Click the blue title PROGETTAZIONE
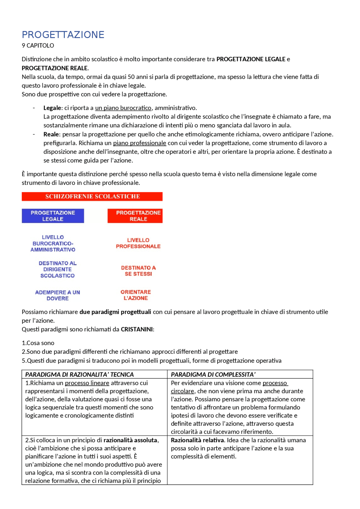tap(63, 35)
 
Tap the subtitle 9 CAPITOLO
tap(38, 46)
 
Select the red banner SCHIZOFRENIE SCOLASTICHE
tap(92, 196)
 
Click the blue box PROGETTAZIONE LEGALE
tap(53, 216)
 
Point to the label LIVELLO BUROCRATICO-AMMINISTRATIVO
tap(53, 243)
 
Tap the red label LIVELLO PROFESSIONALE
tap(138, 243)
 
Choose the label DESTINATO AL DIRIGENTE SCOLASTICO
tap(57, 269)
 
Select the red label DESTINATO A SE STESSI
tap(138, 271)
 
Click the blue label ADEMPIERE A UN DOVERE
tap(57, 295)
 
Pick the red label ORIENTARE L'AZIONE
tap(136, 295)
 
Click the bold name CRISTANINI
tap(137, 329)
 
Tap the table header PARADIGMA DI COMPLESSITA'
tap(213, 374)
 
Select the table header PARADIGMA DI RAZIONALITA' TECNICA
tap(79, 374)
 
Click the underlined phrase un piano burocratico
tap(123, 108)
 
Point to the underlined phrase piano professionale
tap(139, 143)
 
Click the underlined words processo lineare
tap(87, 383)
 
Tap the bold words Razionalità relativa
tap(197, 440)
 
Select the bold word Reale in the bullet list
tap(51, 134)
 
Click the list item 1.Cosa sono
tap(38, 343)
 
